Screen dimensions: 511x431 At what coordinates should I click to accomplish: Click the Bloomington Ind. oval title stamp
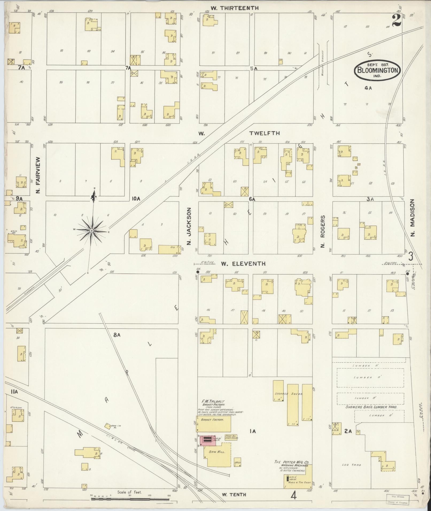pyautogui.click(x=377, y=71)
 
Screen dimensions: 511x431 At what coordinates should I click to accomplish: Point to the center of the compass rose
pyautogui.click(x=92, y=231)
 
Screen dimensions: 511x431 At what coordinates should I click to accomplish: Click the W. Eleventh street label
pyautogui.click(x=243, y=264)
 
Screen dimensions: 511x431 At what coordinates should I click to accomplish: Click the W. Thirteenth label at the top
pyautogui.click(x=234, y=8)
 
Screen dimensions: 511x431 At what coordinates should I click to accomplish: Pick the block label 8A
pyautogui.click(x=117, y=335)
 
